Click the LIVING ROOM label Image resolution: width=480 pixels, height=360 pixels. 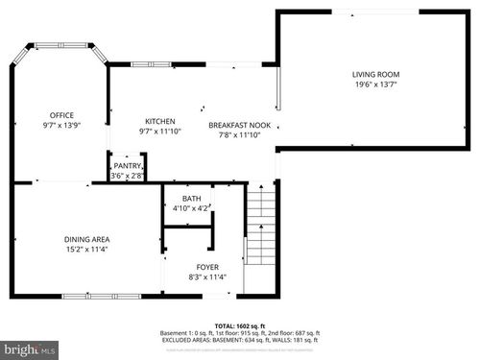pos(375,75)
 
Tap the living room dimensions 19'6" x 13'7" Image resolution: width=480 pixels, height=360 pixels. pos(375,85)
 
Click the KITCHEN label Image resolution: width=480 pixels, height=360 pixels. pos(159,121)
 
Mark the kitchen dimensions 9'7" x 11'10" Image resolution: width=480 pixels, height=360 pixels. pos(159,132)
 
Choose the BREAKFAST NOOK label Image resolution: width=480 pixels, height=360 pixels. pos(241,125)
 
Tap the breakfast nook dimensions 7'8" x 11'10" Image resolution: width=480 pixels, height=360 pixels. pos(241,135)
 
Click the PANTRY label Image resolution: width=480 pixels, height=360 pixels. pos(127,166)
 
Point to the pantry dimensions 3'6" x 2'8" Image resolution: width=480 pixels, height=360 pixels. pos(127,176)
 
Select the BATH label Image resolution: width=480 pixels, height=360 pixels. pos(192,199)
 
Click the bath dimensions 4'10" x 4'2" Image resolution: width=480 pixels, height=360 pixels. pos(192,208)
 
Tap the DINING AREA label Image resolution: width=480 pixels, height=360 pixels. pos(59,239)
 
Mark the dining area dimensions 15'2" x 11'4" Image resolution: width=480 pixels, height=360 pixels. pos(59,250)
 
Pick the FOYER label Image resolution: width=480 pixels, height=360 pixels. pos(207,268)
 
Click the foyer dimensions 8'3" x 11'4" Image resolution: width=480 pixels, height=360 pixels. pos(207,278)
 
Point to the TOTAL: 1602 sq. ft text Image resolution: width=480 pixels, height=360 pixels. pos(239,325)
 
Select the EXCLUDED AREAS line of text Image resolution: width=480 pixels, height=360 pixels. pos(239,339)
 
